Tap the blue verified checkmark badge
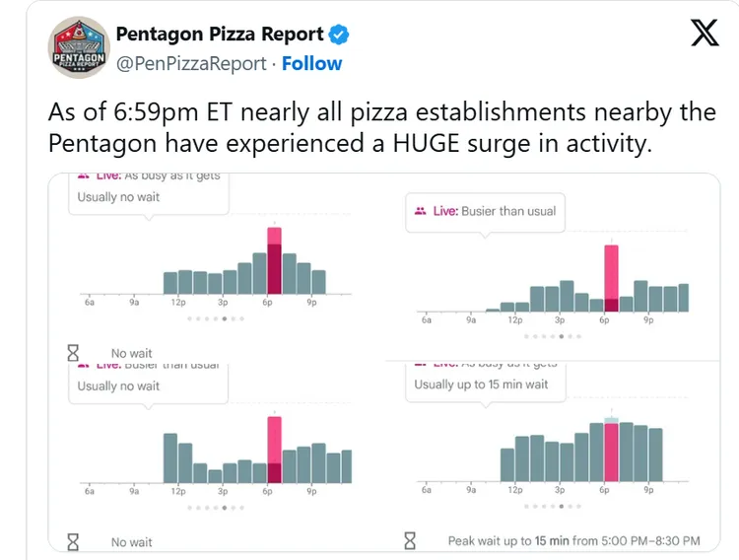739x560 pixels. pos(338,35)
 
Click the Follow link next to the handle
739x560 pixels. pos(311,63)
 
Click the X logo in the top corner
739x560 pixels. pos(704,34)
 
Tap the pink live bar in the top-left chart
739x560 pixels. pos(274,261)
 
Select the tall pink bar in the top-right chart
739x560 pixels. pos(611,278)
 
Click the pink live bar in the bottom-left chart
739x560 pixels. pos(274,451)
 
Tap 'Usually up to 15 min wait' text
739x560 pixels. pos(481,385)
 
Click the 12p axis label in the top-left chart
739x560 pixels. pos(178,303)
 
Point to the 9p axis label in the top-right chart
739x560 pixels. pos(648,320)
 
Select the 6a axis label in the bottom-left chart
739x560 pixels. pos(90,490)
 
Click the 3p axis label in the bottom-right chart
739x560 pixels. pos(560,490)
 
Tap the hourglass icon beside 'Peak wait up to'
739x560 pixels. pos(411,540)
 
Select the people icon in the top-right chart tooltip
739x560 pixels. pos(421,211)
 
